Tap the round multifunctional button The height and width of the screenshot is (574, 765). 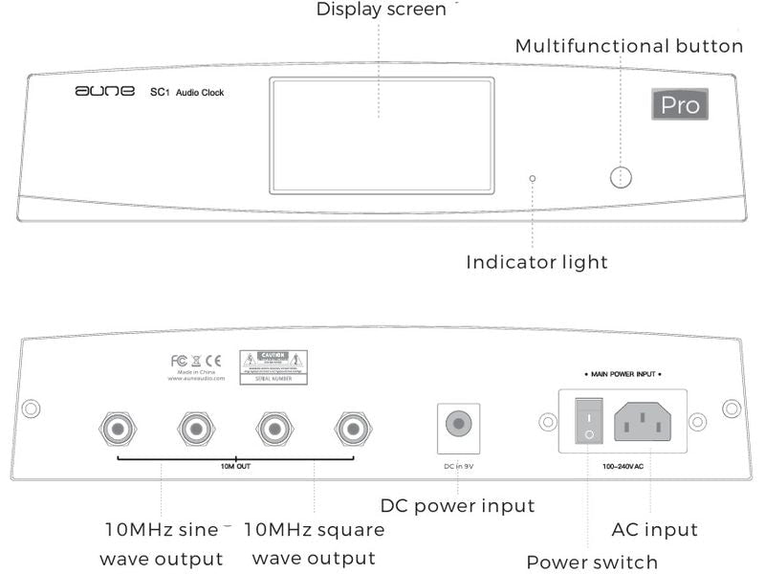(x=622, y=177)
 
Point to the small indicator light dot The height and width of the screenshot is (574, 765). (x=533, y=178)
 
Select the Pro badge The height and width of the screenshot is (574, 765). (x=680, y=104)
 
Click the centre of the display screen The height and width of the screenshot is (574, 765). (x=382, y=136)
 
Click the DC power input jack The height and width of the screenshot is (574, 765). (x=456, y=424)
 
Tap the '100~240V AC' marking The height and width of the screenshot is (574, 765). (x=623, y=466)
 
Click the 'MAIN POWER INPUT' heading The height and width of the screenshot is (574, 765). (x=623, y=373)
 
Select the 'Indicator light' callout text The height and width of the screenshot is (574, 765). (x=536, y=261)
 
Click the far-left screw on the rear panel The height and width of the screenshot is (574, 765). (x=31, y=408)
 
